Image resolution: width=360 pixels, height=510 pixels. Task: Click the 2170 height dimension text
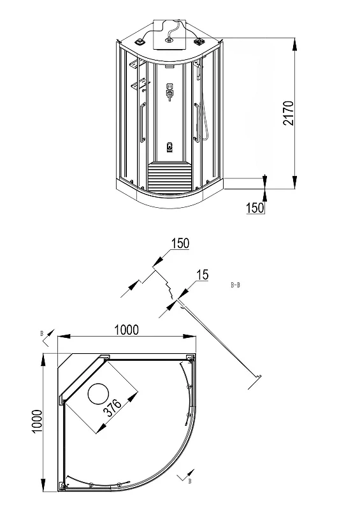289,113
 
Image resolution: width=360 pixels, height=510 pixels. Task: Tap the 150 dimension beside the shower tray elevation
256,208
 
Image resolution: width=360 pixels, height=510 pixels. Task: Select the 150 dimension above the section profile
180,244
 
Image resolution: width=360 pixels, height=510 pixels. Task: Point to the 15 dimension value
202,275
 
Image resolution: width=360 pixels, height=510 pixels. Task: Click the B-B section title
236,285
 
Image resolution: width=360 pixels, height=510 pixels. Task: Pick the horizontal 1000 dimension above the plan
127,330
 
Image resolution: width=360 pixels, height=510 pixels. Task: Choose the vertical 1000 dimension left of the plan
38,421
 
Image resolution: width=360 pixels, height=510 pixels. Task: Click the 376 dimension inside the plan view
113,408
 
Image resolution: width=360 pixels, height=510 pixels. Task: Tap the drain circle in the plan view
98,393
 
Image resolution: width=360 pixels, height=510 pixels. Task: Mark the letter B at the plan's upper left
41,333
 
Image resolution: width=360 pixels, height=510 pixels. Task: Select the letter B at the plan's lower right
190,481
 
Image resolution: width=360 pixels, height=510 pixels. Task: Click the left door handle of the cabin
142,122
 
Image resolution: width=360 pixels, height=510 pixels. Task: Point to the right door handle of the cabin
196,122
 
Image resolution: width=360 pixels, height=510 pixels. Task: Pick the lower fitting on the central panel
169,147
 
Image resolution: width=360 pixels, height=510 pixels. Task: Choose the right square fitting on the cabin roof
198,41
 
